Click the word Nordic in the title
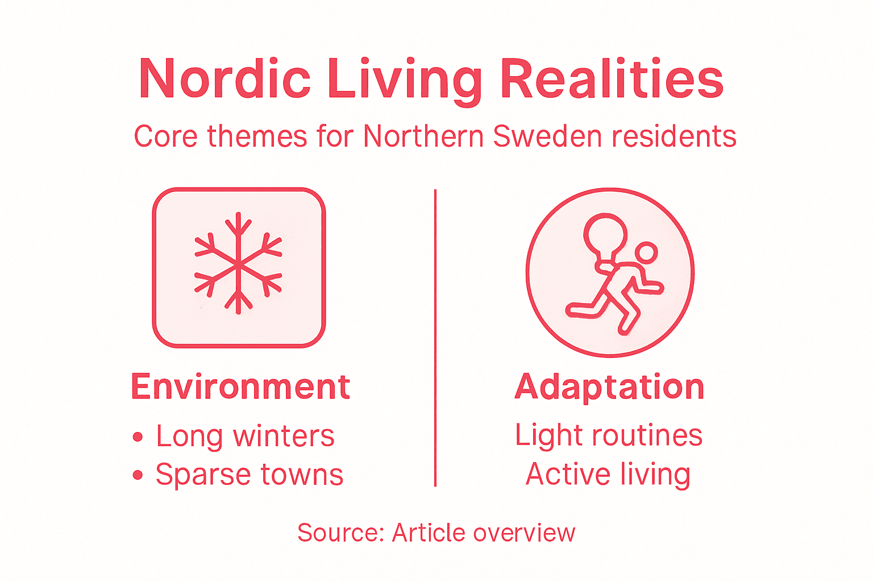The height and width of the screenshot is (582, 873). [225, 79]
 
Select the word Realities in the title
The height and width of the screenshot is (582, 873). [612, 79]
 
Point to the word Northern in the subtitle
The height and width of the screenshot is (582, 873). [423, 136]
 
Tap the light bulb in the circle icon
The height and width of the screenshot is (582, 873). [606, 235]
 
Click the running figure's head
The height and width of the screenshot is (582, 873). [646, 253]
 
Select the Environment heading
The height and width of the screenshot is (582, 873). [240, 387]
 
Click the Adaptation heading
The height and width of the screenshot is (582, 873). [609, 387]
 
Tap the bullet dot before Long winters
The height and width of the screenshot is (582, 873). [138, 436]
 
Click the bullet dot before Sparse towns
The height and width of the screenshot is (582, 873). [138, 475]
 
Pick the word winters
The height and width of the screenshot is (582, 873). [284, 436]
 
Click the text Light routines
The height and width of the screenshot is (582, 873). [609, 435]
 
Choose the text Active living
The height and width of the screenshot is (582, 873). [608, 475]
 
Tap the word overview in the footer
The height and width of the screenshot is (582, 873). [523, 533]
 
